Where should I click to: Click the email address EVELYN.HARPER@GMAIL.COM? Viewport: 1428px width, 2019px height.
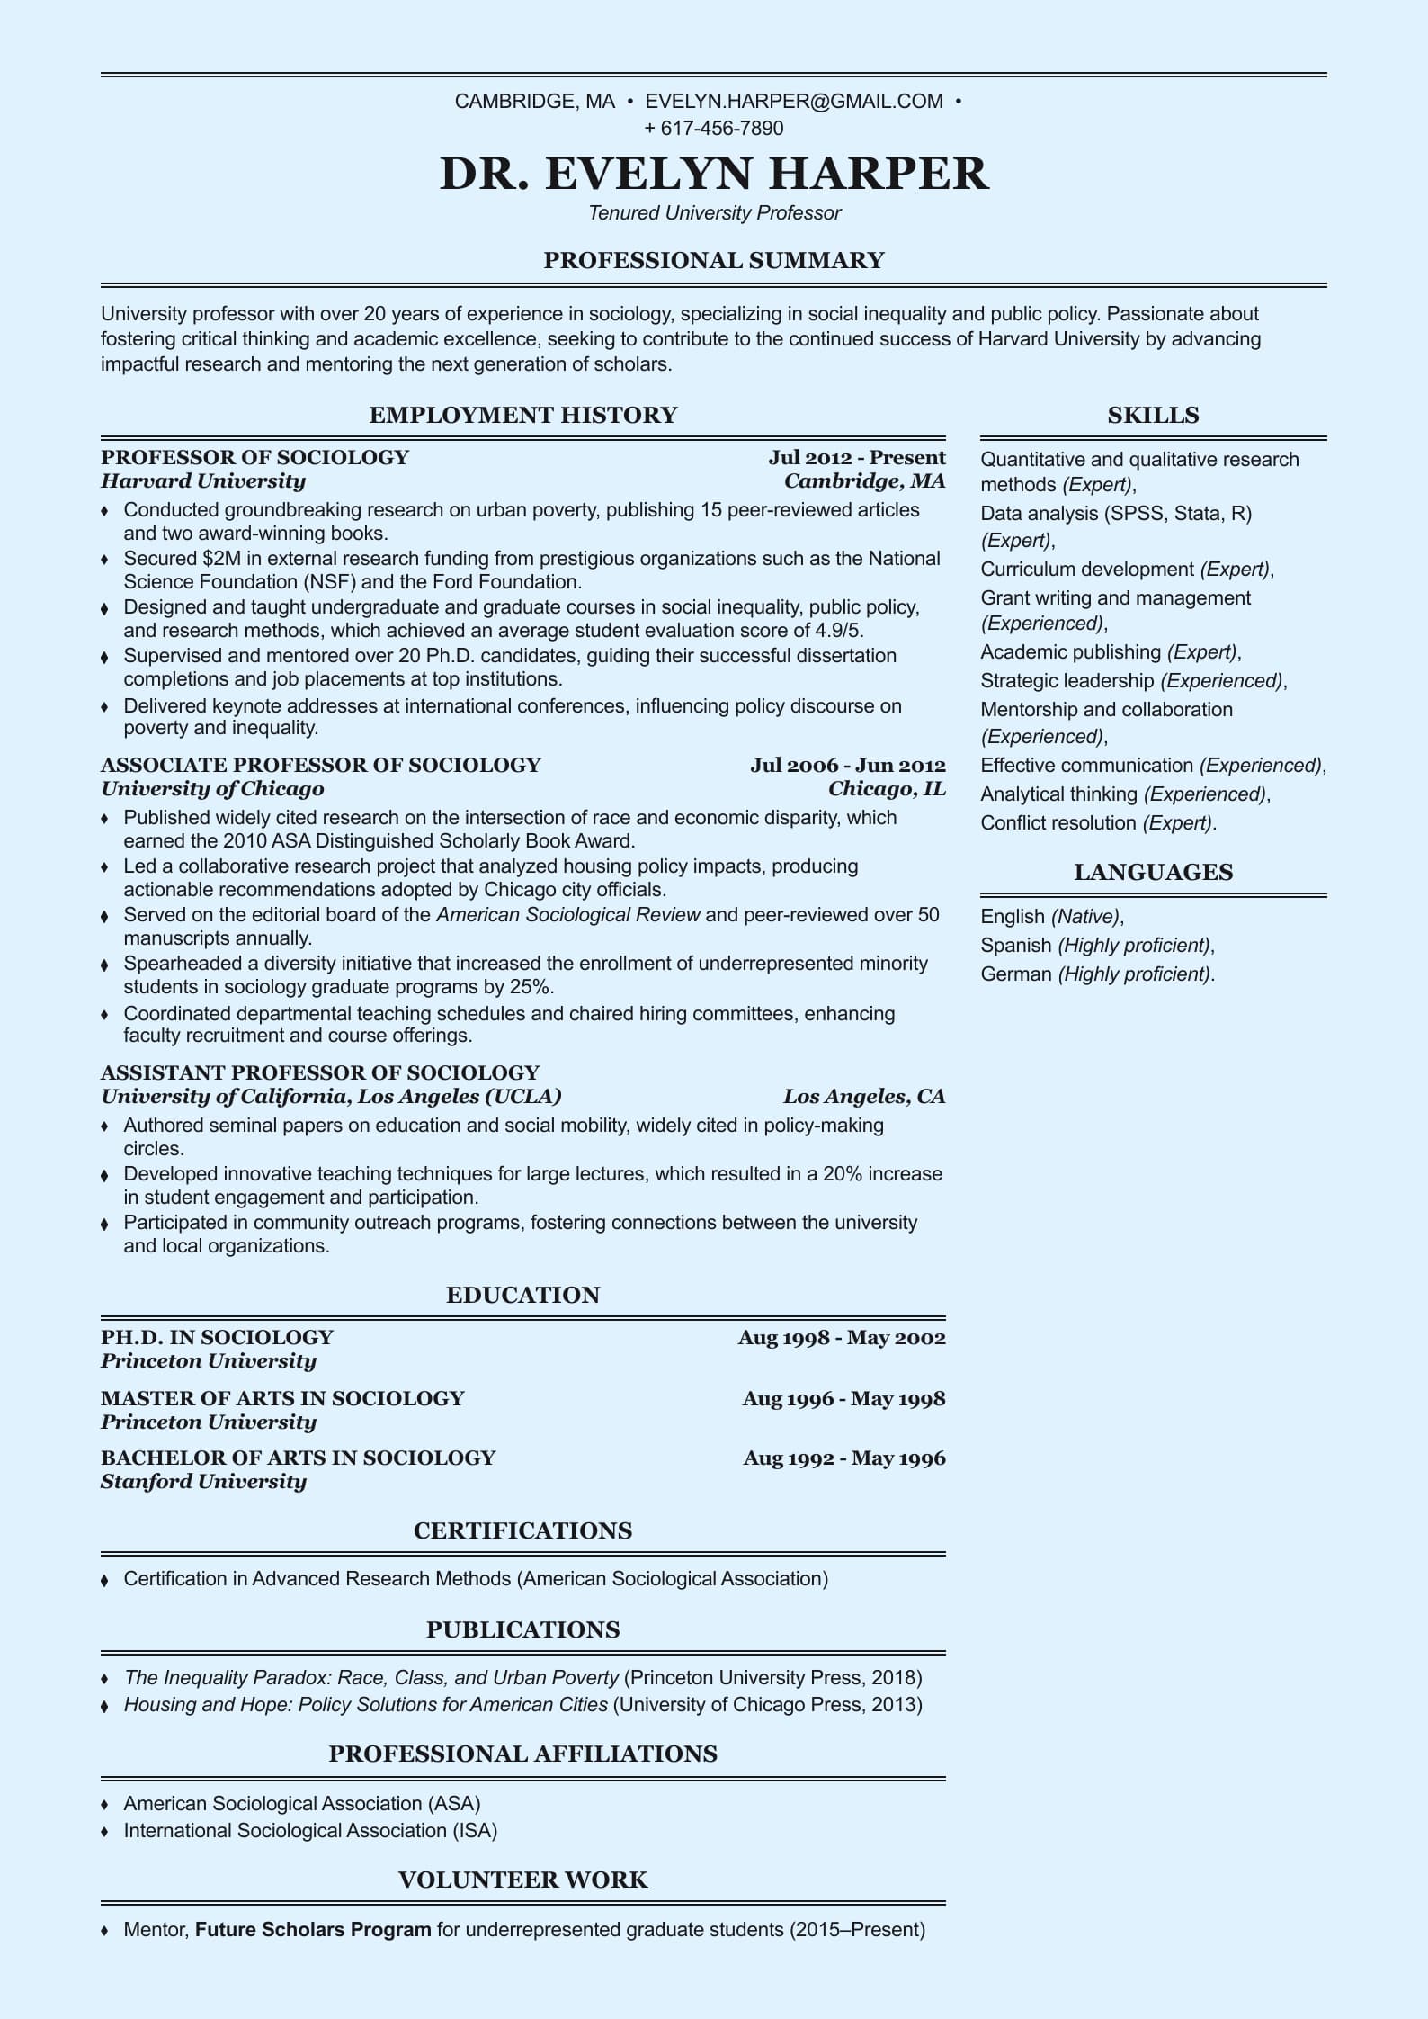point(794,102)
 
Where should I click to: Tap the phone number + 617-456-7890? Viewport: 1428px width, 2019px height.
point(714,129)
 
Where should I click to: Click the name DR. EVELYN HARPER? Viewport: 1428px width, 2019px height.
point(714,173)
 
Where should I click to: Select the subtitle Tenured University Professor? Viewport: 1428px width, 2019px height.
point(714,213)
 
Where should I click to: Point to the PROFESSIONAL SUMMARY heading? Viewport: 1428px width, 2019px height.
point(714,261)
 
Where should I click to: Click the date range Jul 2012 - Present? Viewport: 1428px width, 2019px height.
point(856,457)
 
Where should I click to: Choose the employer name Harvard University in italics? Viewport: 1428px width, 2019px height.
point(203,481)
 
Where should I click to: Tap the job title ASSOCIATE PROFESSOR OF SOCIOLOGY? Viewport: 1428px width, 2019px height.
point(321,766)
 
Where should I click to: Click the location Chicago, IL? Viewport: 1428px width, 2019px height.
point(887,789)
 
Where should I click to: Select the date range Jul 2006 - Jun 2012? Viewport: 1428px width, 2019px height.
point(847,766)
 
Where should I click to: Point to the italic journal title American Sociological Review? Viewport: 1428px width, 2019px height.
point(568,915)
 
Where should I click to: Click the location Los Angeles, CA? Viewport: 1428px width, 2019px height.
point(863,1097)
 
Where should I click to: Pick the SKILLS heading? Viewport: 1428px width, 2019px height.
point(1153,416)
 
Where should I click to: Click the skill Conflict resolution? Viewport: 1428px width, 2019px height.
point(1058,823)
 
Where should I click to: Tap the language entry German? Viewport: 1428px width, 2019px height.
point(1016,974)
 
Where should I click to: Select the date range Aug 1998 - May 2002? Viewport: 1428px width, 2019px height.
point(842,1338)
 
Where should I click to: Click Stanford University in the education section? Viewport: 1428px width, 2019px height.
point(203,1482)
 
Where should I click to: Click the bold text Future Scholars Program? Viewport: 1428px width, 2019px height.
point(313,1930)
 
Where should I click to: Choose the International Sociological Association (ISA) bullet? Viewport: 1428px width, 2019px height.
point(310,1831)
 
